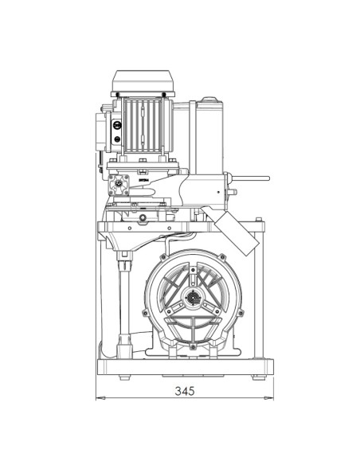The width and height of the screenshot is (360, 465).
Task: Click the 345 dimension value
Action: point(185,391)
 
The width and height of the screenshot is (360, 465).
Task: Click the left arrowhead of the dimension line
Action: point(100,397)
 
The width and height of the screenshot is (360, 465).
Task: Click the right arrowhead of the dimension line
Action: point(269,397)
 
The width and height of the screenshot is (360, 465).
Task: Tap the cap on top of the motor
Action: point(143,81)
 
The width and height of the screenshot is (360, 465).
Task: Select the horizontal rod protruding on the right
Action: point(250,178)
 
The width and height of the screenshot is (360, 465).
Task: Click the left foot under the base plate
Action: point(124,377)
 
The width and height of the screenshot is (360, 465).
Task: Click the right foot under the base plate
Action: point(258,377)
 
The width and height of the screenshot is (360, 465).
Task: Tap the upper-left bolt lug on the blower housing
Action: point(163,257)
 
